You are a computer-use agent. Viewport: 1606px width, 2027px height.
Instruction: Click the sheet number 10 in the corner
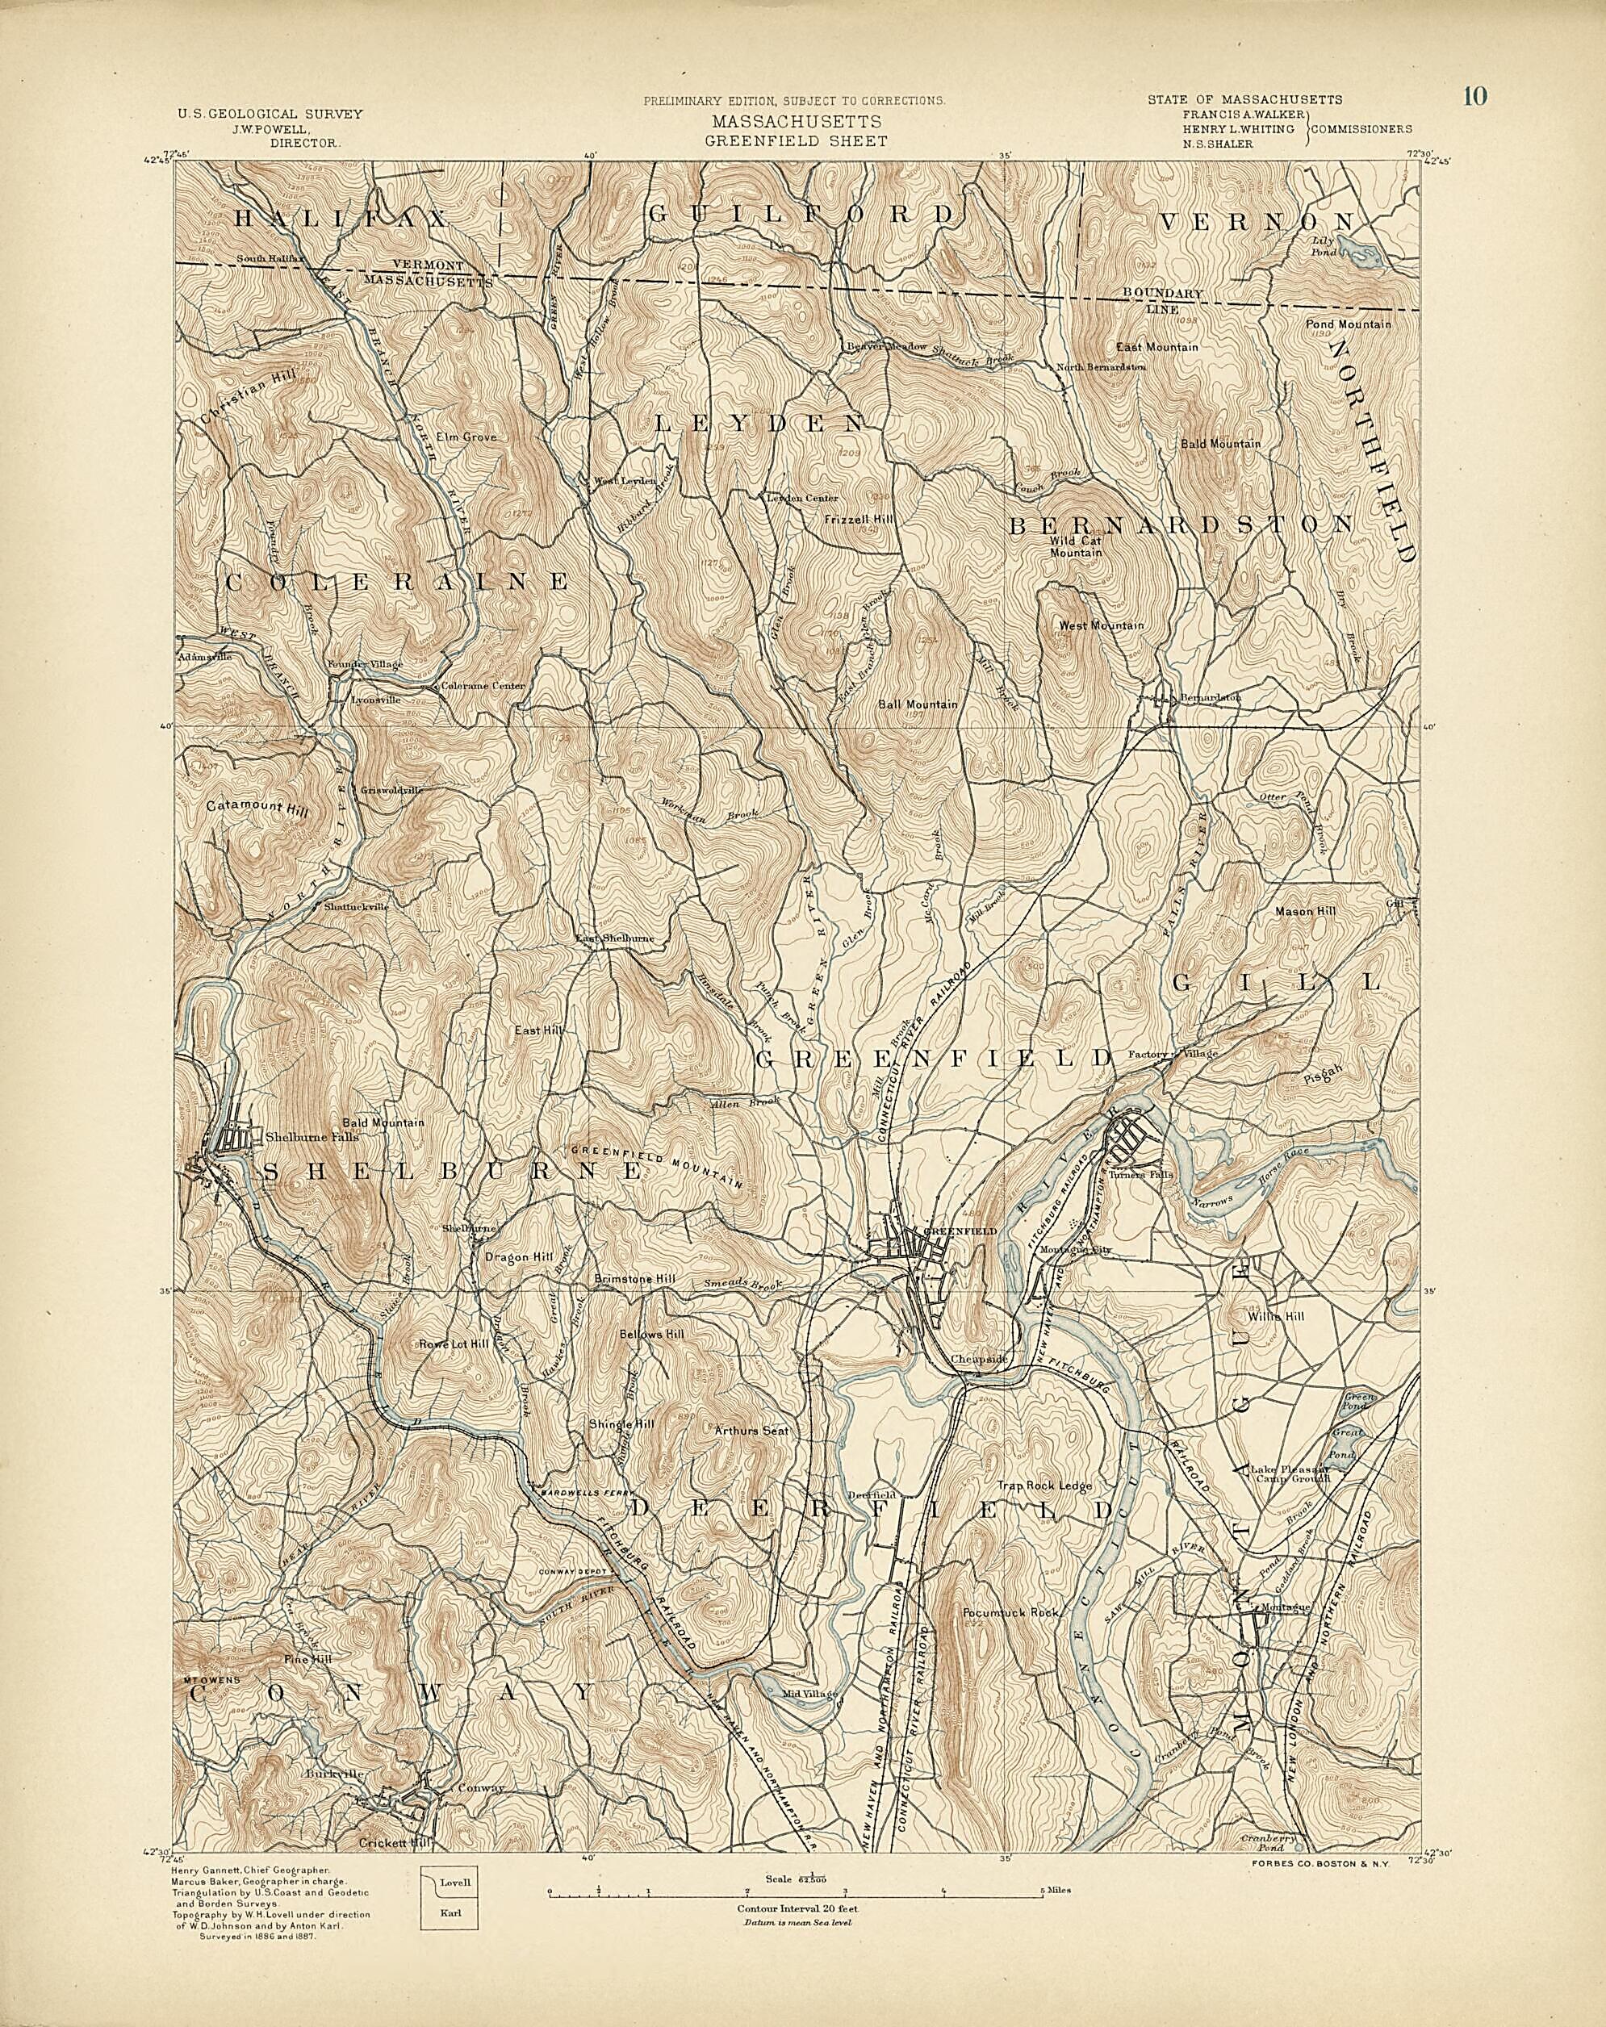click(x=1474, y=96)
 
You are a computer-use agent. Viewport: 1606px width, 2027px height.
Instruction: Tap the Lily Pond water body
click(x=1360, y=251)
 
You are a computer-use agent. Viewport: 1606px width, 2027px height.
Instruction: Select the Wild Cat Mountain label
click(x=1076, y=547)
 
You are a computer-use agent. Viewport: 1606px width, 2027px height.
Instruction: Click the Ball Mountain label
click(x=917, y=704)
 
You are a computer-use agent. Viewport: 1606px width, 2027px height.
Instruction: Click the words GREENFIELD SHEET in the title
click(x=797, y=141)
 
